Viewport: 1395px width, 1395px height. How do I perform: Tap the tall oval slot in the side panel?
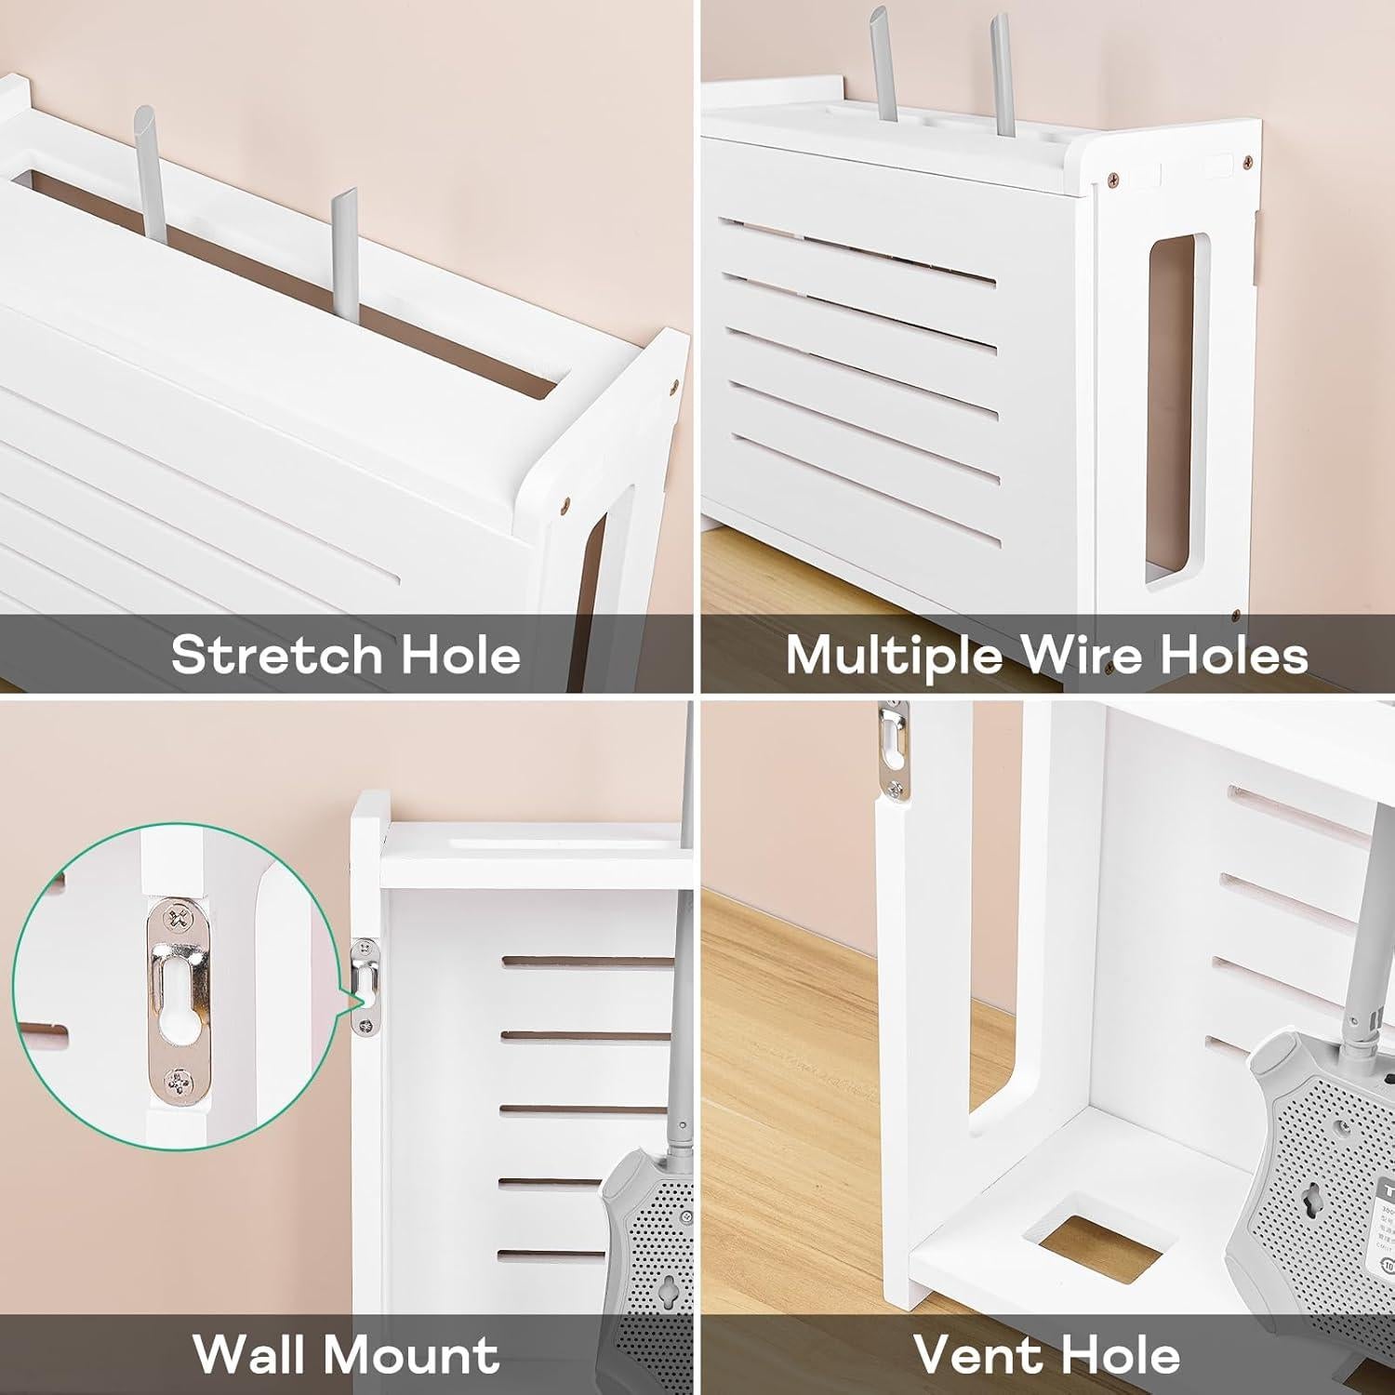(1171, 409)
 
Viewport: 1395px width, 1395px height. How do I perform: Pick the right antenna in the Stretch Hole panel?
(342, 260)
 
